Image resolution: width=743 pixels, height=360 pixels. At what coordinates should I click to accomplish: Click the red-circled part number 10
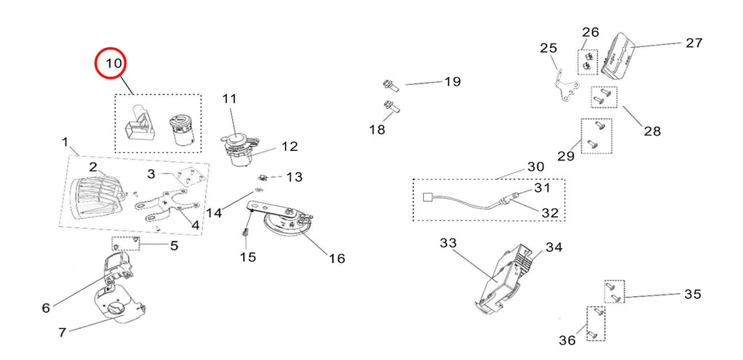tap(112, 64)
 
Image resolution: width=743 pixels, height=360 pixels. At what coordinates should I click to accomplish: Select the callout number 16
tap(337, 258)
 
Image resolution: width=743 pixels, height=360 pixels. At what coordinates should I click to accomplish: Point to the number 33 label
tap(448, 243)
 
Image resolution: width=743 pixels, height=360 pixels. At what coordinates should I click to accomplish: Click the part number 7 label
tap(62, 332)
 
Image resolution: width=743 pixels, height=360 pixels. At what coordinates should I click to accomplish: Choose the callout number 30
tap(535, 166)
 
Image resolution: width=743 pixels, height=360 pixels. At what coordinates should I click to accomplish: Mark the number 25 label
tap(549, 49)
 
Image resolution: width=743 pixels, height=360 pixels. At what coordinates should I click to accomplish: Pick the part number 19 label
tap(452, 82)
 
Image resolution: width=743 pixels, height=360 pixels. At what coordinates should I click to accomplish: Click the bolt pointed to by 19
tap(389, 85)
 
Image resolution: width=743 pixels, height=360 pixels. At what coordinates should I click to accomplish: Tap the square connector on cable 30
tap(427, 195)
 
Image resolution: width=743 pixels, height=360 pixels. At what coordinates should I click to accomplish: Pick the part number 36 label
tap(567, 340)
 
